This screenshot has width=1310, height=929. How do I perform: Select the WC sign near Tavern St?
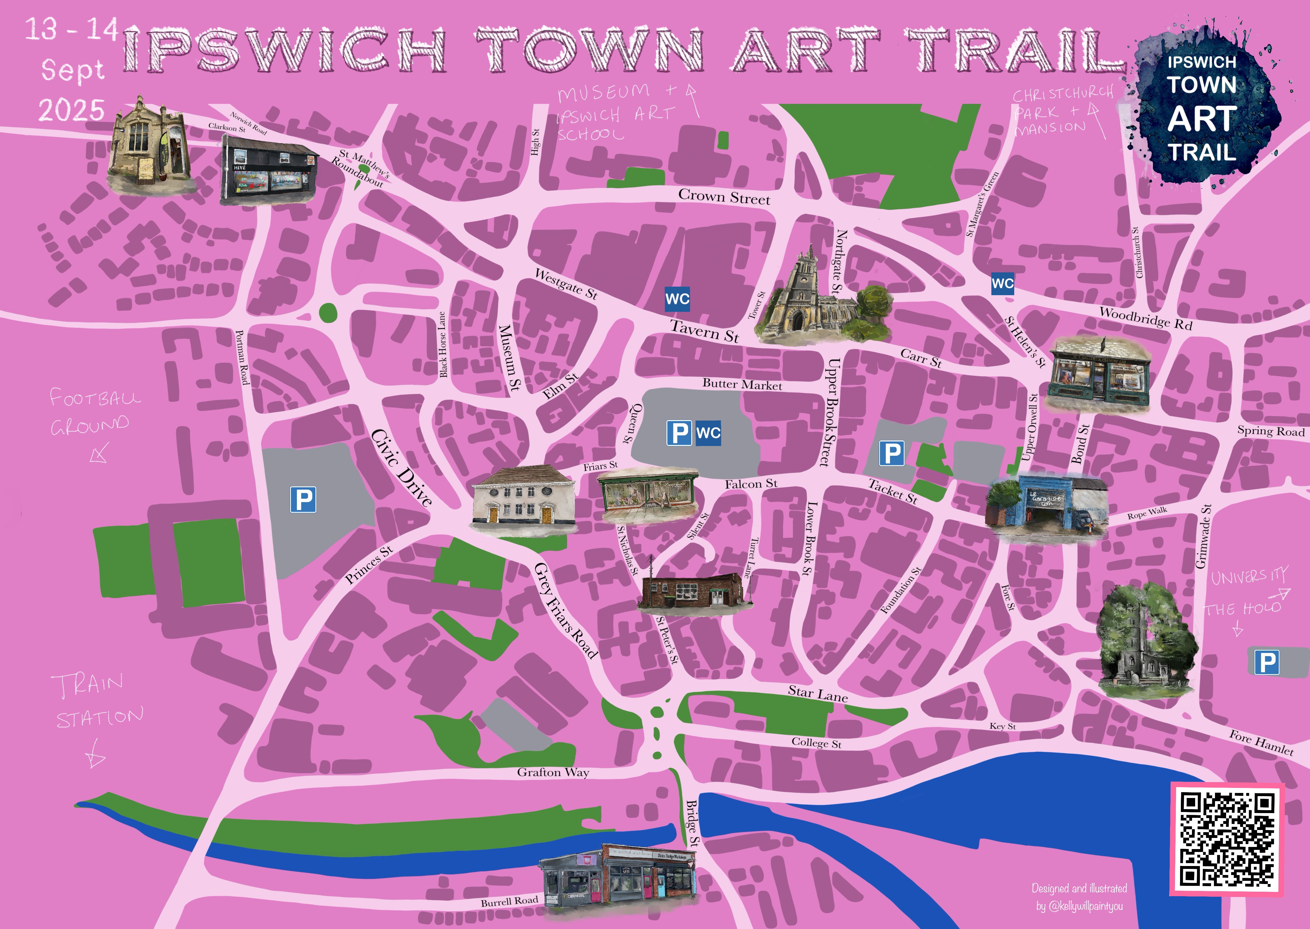[x=677, y=299]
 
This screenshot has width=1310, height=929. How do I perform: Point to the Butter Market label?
[x=742, y=384]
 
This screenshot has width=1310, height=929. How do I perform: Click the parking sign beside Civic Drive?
[x=303, y=499]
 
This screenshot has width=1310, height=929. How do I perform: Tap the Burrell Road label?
[x=509, y=901]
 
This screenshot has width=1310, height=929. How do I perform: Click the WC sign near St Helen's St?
[x=1002, y=283]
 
